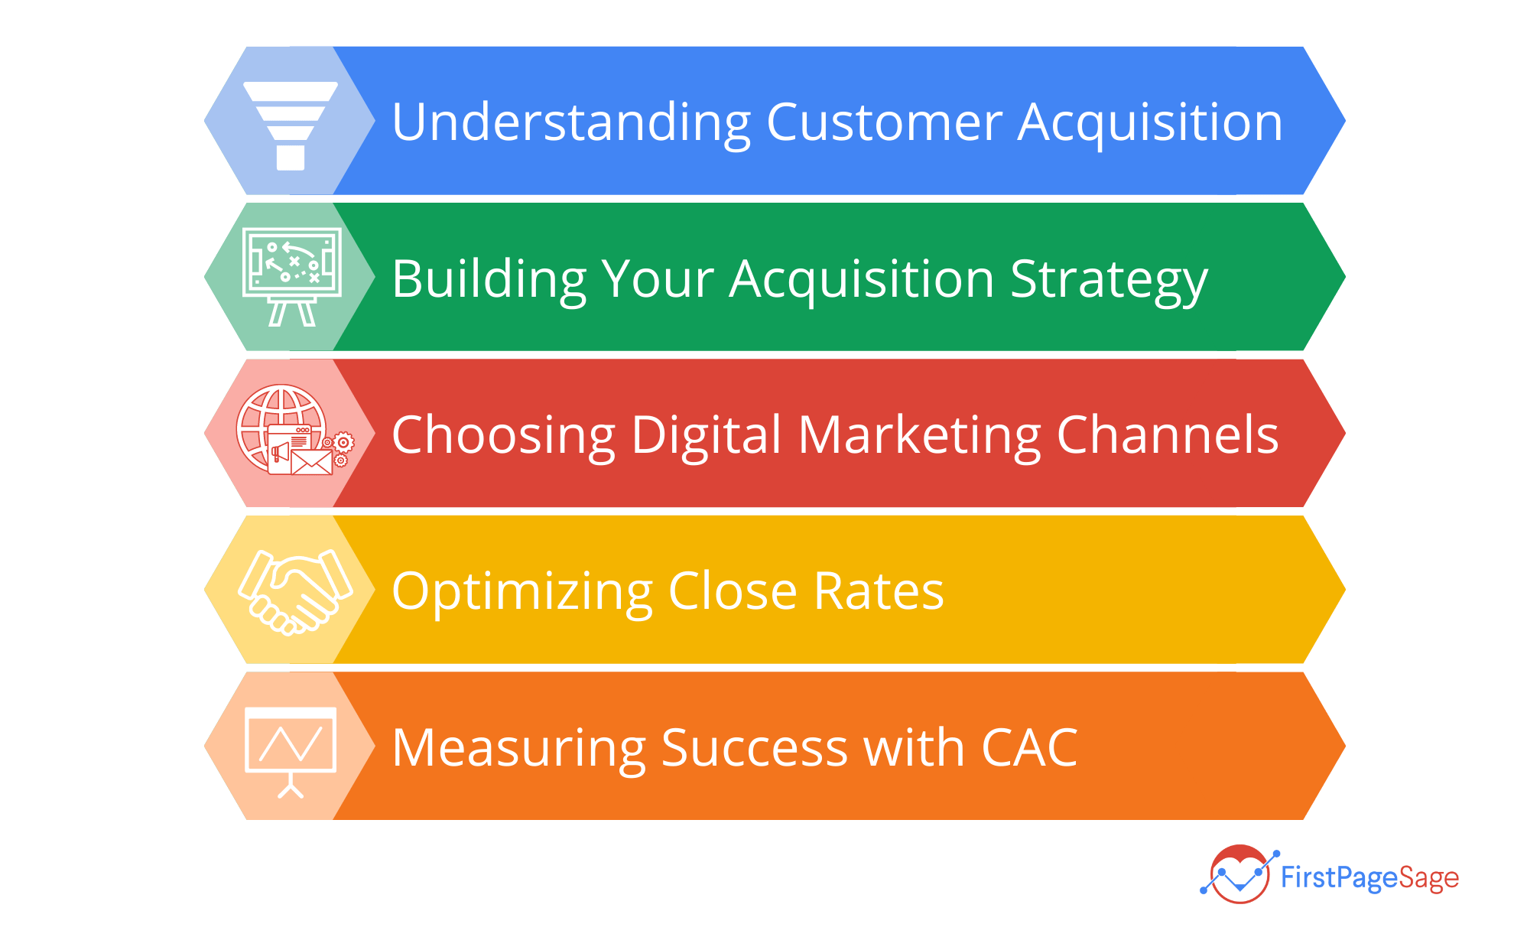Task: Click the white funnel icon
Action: pyautogui.click(x=291, y=125)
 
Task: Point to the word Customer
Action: pyautogui.click(x=884, y=122)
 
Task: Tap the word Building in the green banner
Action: pyautogui.click(x=489, y=279)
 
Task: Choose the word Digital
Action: pyautogui.click(x=707, y=435)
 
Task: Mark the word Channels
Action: pyautogui.click(x=1168, y=434)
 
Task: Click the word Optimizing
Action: pyautogui.click(x=522, y=592)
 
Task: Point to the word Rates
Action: pyautogui.click(x=879, y=592)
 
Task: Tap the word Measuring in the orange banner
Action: pyautogui.click(x=519, y=748)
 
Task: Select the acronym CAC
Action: pyautogui.click(x=1029, y=747)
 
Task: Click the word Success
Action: pyautogui.click(x=755, y=747)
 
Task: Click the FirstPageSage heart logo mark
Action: pyautogui.click(x=1239, y=874)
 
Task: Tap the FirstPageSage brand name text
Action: pyautogui.click(x=1369, y=878)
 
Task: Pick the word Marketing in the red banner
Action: pyautogui.click(x=920, y=436)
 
